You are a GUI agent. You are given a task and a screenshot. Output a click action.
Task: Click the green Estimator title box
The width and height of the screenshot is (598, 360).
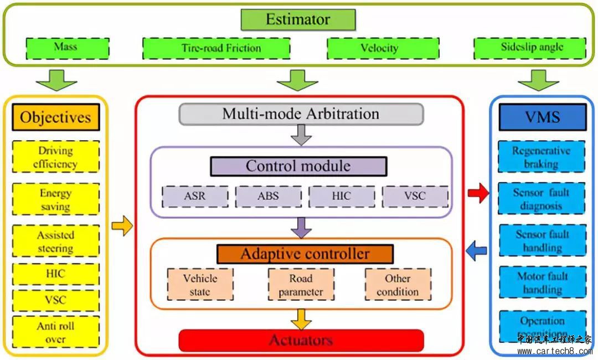point(298,20)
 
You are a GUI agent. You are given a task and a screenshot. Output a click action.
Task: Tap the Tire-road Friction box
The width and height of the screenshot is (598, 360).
point(216,48)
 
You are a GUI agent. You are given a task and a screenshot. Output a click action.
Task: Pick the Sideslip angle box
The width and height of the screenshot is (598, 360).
point(529,48)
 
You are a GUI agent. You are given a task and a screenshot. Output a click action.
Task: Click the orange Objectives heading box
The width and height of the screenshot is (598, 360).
point(55,117)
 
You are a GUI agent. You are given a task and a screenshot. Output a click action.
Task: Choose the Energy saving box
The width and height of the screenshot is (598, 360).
point(55,199)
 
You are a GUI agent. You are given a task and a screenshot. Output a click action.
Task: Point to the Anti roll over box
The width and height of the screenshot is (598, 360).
point(55,332)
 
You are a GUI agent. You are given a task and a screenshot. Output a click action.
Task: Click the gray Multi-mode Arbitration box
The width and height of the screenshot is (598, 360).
point(301,114)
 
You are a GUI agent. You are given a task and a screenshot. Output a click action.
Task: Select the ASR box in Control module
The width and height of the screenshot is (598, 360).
point(195,196)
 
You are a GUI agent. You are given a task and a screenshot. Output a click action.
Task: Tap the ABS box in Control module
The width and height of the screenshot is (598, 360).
point(268,196)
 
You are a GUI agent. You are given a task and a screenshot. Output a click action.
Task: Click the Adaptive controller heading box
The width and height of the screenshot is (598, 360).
point(305,254)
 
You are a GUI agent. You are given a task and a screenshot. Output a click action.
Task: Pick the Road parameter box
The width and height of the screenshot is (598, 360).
point(301,285)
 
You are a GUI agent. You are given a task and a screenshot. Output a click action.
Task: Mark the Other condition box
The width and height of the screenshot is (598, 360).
point(398,285)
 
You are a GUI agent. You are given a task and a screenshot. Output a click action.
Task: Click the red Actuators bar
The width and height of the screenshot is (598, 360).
point(301,340)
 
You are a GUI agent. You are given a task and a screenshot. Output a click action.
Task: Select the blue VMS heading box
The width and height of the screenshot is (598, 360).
point(542,117)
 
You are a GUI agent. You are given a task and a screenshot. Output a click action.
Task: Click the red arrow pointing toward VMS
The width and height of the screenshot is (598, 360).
point(478,193)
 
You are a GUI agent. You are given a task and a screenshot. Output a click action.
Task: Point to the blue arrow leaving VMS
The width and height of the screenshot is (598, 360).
point(476,251)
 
